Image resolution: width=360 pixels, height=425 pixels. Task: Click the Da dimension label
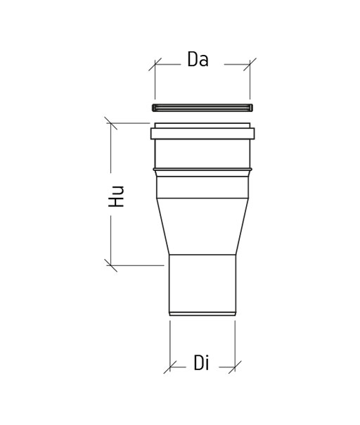coord(198,59)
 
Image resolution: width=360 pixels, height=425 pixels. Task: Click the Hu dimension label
coord(116,196)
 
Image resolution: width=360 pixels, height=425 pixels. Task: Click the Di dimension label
coord(201,362)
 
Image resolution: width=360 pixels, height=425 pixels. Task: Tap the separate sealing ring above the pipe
coord(202,108)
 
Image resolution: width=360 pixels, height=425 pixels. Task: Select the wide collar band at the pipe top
coord(202,134)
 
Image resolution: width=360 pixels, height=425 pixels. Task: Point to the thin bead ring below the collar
coord(202,170)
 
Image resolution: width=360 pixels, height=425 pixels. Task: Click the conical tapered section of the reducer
coord(202,227)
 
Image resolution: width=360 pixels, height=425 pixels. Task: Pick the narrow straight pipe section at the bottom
coord(202,284)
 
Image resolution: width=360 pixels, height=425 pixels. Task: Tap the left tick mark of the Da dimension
coord(155,65)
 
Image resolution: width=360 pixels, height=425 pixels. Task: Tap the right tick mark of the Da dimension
coord(250,65)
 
